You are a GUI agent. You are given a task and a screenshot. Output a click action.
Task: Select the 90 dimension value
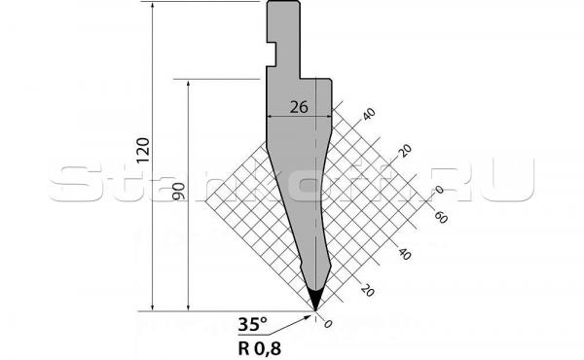click(177, 192)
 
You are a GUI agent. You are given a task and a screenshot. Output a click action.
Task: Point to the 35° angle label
click(251, 325)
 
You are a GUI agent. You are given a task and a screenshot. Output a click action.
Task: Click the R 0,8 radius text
click(257, 344)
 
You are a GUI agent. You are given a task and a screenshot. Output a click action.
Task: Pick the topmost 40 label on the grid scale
click(368, 115)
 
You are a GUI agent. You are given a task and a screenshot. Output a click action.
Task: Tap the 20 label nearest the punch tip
click(368, 290)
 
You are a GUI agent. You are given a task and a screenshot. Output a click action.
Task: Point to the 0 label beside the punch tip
click(328, 323)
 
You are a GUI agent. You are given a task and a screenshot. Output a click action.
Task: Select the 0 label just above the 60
click(439, 190)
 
